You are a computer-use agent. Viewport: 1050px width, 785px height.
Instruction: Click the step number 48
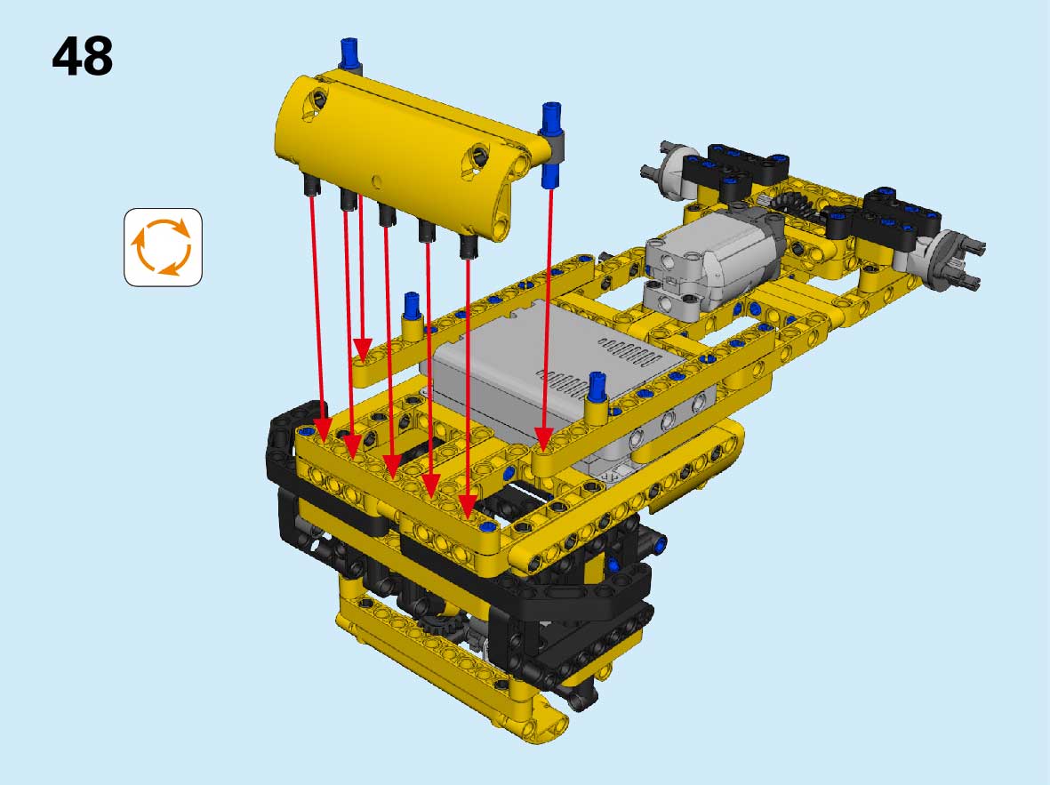coord(83,56)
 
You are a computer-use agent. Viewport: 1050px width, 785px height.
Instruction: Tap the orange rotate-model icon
coord(163,247)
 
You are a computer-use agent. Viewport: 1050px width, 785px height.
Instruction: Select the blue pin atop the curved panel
coord(351,53)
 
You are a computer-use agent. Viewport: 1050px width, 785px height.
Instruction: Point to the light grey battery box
coord(556,375)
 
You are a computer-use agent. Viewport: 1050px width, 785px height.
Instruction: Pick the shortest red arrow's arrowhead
coord(362,349)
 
